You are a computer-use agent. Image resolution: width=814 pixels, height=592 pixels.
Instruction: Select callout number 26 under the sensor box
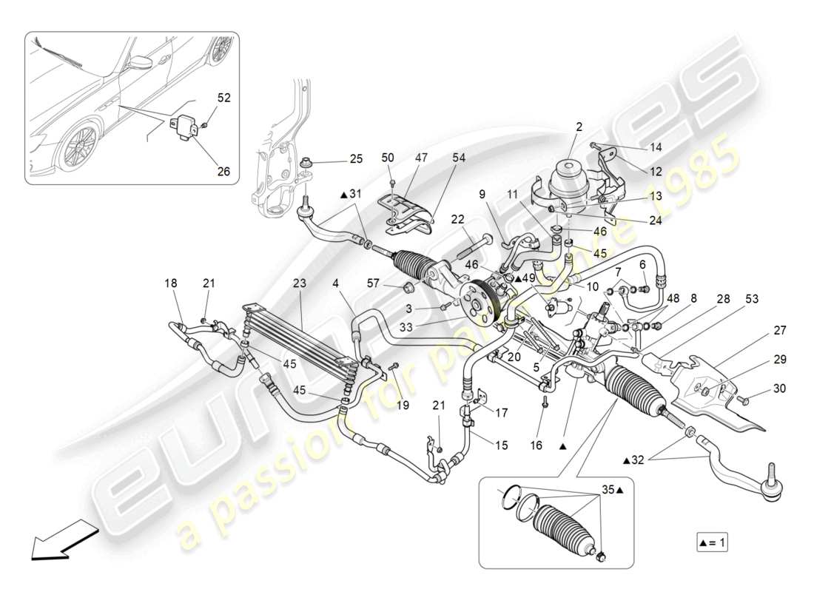223,171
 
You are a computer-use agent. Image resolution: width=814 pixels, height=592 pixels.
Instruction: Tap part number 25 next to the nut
357,159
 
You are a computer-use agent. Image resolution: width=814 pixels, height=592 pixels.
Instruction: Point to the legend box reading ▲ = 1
712,542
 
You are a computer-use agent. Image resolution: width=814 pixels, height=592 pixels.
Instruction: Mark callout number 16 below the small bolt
536,445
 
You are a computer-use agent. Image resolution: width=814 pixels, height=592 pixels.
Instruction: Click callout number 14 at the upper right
656,147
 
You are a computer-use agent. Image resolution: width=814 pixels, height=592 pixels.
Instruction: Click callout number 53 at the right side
751,298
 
